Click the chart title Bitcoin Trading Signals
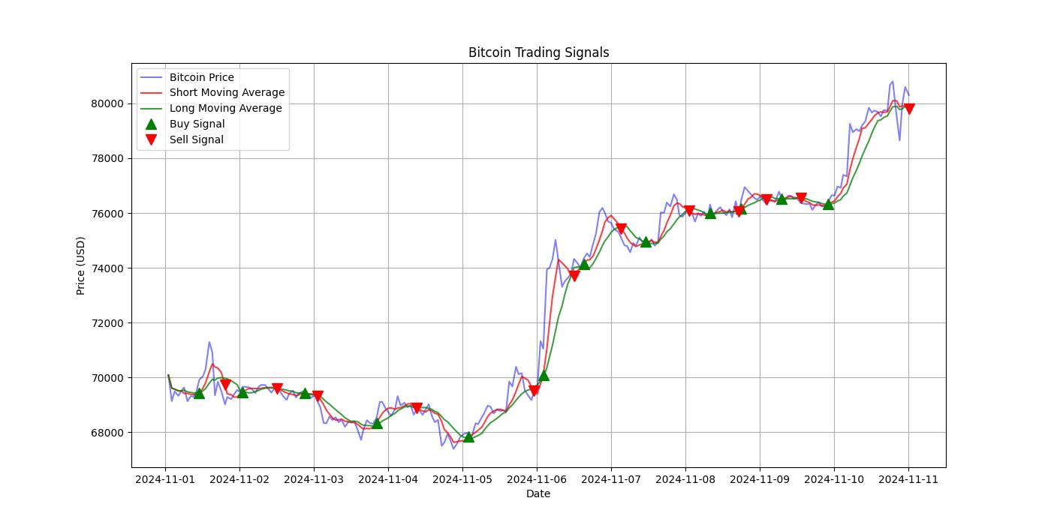coord(538,52)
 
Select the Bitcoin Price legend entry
coord(201,77)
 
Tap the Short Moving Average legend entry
coord(227,93)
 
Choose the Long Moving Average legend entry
coord(225,108)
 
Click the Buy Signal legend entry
coord(197,124)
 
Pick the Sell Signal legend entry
coord(196,139)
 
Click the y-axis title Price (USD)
coord(80,265)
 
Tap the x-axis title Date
coord(538,493)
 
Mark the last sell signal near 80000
coord(909,109)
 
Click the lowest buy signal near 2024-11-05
coord(468,436)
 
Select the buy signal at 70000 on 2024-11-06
coord(544,375)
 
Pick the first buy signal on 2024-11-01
coord(199,393)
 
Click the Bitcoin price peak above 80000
coord(892,82)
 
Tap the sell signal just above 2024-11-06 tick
coord(534,390)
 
